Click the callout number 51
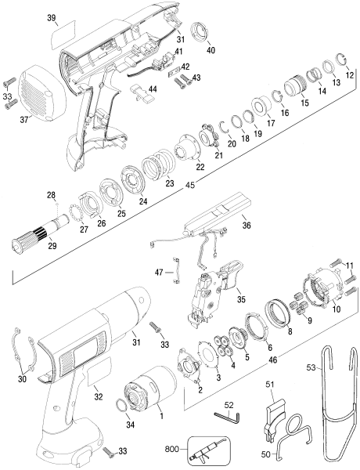point(268,383)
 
